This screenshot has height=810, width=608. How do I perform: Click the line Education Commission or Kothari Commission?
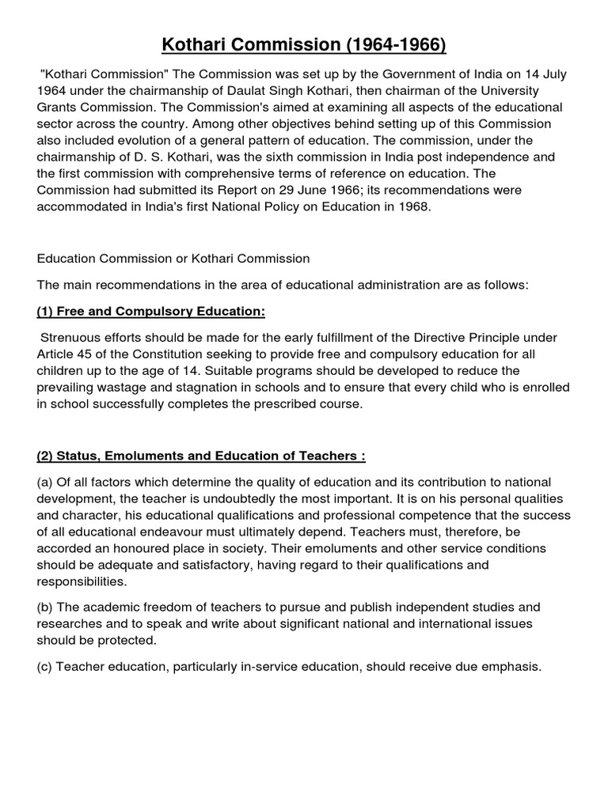pos(173,259)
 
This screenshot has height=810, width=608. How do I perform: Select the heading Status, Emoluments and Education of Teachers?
pos(201,456)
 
